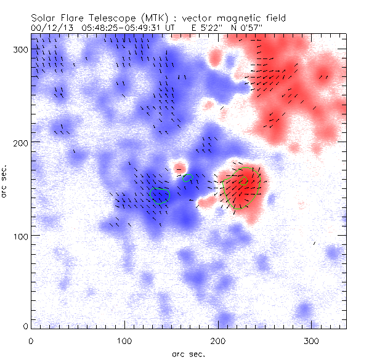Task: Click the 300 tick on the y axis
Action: coord(21,49)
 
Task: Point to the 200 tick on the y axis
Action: coord(21,143)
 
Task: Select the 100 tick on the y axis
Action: coord(21,236)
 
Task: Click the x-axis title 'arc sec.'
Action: coord(188,353)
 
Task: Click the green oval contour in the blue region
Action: coord(159,195)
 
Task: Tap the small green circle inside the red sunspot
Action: coord(243,181)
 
